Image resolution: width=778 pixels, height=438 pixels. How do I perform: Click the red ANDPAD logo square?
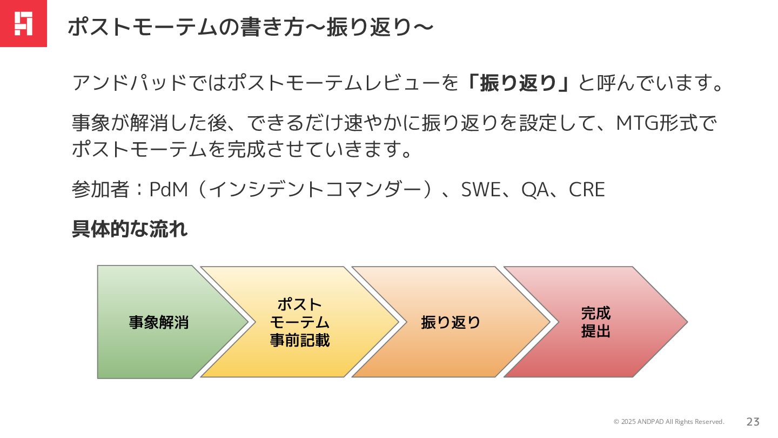[x=23, y=23]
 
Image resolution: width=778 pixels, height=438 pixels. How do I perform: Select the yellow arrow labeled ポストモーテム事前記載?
[x=299, y=322]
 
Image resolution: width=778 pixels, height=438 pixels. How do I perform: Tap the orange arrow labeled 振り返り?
[x=451, y=322]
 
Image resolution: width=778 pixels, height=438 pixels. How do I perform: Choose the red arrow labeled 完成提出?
[x=595, y=322]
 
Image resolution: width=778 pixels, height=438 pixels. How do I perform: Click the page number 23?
[x=753, y=422]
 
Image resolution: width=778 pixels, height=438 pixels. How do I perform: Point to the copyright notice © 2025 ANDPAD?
[x=668, y=422]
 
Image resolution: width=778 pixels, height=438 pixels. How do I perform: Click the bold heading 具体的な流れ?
[x=130, y=229]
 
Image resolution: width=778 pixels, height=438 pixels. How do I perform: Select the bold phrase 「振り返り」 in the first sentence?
[x=518, y=83]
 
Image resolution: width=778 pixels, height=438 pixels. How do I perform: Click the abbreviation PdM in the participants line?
[x=168, y=190]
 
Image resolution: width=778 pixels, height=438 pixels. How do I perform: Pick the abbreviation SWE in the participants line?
[x=481, y=190]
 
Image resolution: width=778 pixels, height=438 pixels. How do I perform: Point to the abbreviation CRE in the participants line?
[x=587, y=190]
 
